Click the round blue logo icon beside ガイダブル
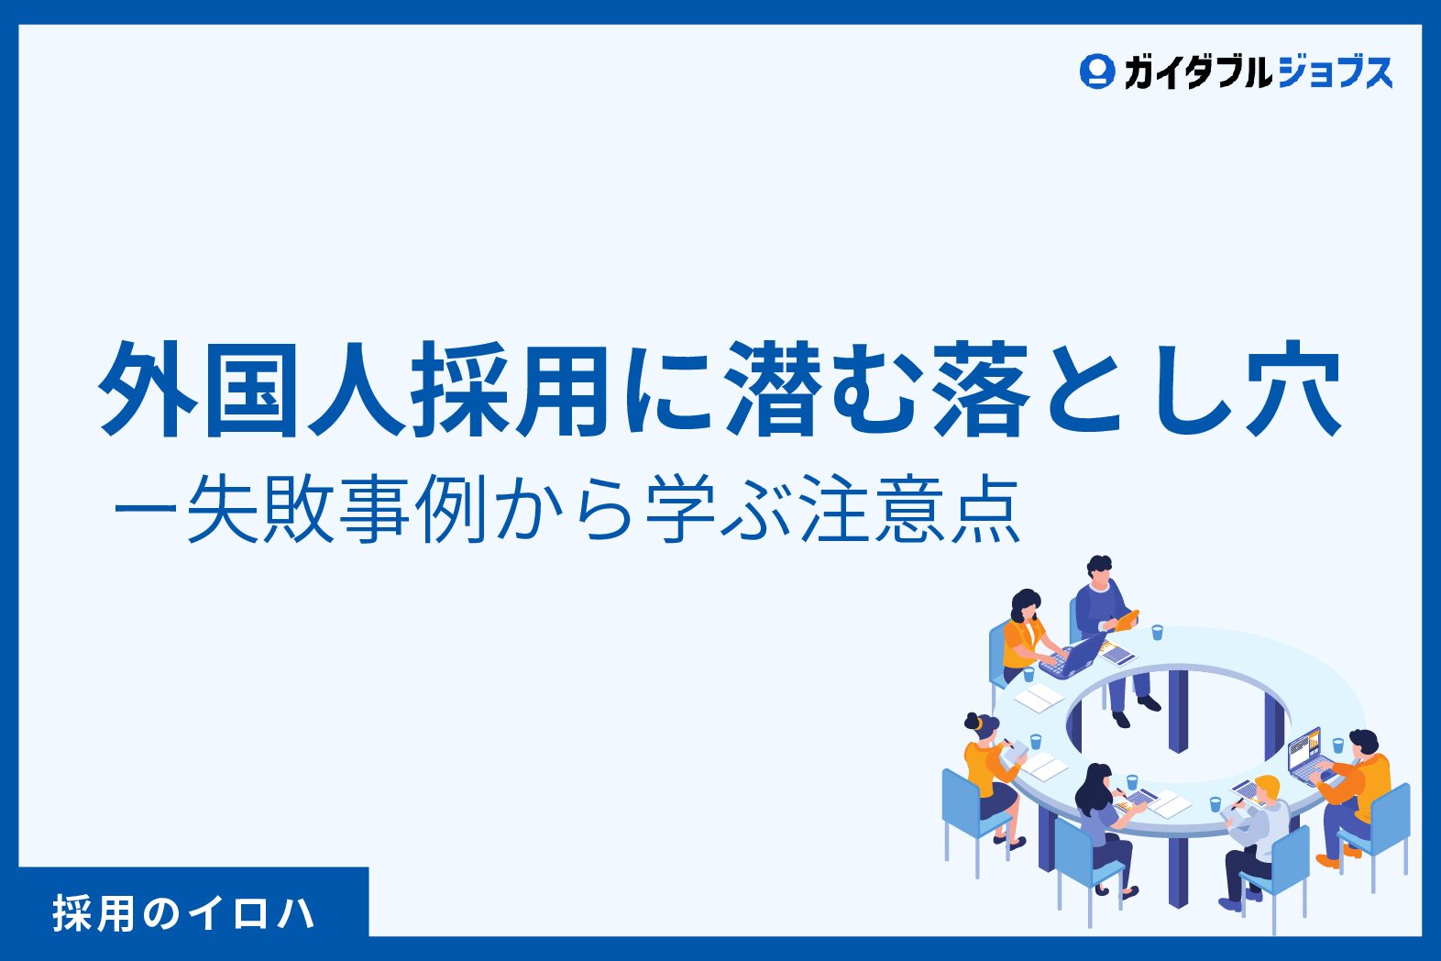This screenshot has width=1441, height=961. point(1097,72)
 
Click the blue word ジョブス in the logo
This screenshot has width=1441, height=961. point(1336,72)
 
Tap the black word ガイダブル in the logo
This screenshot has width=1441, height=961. point(1198,72)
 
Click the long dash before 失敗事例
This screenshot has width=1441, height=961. point(145,509)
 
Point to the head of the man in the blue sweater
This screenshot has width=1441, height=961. point(1099,571)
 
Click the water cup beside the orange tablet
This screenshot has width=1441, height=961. point(1158,632)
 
